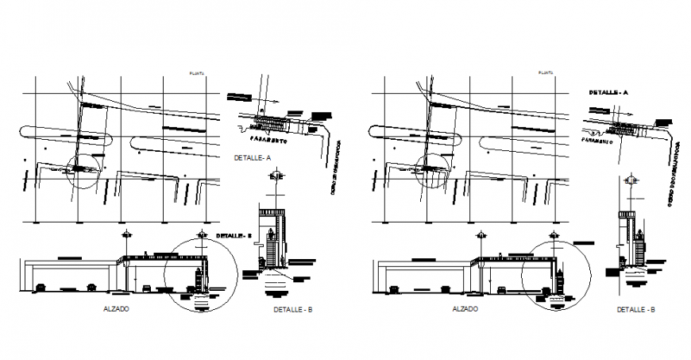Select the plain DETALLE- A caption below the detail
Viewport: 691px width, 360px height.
click(253, 158)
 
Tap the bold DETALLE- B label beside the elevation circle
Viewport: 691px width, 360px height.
click(234, 235)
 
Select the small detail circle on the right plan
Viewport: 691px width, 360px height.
click(430, 169)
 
